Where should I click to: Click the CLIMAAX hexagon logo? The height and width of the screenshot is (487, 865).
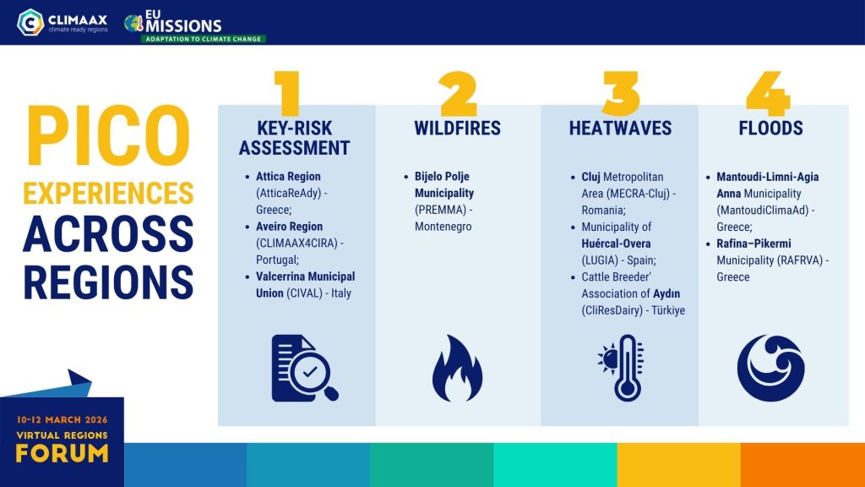(30, 23)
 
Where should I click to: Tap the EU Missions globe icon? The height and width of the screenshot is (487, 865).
(133, 23)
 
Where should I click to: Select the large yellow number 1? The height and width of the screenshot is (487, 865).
(287, 93)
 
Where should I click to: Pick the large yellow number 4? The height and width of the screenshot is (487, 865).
(768, 93)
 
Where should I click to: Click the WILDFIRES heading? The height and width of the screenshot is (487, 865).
(457, 129)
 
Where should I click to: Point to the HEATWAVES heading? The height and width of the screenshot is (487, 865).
(620, 129)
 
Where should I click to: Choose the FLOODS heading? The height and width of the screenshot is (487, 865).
(770, 129)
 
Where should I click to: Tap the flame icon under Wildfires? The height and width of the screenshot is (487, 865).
(457, 369)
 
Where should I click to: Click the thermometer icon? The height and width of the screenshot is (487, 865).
(622, 368)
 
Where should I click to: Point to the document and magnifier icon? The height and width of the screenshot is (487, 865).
(304, 369)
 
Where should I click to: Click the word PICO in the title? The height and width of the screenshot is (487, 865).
(108, 136)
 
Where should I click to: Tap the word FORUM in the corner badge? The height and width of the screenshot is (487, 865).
(62, 454)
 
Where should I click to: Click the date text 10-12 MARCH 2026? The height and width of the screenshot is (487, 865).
(62, 419)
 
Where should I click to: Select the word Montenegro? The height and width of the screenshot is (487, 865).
(443, 227)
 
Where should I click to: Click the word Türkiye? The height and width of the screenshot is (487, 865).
(668, 310)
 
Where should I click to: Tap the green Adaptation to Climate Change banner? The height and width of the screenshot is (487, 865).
(203, 39)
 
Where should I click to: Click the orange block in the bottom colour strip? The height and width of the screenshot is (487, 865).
(802, 465)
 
